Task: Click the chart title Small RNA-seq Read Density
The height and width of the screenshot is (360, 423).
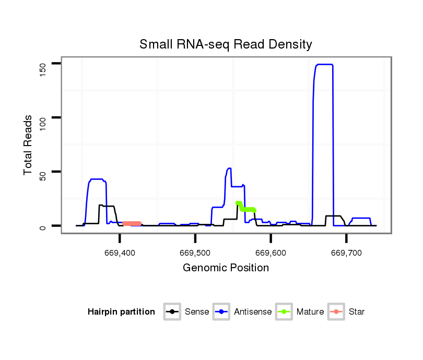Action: tap(226, 44)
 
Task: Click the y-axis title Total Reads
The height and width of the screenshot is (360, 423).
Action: tap(29, 145)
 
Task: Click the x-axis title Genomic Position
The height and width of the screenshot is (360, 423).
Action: tap(226, 268)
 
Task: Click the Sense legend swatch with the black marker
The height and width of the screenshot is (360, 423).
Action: tap(172, 312)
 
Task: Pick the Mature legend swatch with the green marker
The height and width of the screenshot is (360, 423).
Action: tap(284, 312)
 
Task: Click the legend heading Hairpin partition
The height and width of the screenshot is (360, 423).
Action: tap(121, 312)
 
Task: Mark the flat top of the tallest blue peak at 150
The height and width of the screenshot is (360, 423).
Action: tap(324, 64)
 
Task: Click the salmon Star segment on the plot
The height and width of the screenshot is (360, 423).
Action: tap(132, 223)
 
